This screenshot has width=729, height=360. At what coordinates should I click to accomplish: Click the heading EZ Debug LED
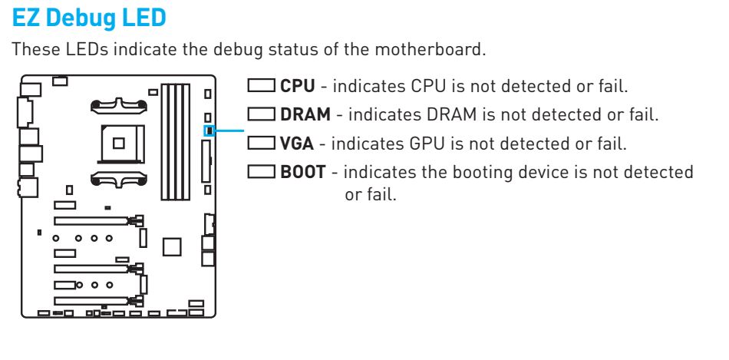(x=89, y=18)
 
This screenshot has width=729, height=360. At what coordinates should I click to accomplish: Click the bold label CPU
(x=298, y=86)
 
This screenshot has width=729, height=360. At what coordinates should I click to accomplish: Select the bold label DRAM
(x=305, y=114)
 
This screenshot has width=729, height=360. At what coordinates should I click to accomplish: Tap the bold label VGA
(x=297, y=144)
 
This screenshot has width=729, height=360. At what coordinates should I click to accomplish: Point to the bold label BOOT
(x=302, y=172)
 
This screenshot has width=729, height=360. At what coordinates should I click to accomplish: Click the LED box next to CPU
(x=261, y=85)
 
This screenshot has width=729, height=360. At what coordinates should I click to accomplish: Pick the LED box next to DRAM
(x=261, y=114)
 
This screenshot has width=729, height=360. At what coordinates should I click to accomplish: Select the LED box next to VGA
(x=261, y=143)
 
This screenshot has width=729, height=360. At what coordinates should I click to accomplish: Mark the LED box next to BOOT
(x=261, y=172)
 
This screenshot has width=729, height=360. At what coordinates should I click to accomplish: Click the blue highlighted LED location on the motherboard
(x=209, y=130)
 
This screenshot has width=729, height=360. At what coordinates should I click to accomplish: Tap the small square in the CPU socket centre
(x=118, y=144)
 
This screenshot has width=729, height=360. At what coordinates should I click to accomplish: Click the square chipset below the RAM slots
(x=172, y=247)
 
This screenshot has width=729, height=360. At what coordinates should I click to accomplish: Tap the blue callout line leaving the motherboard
(x=229, y=130)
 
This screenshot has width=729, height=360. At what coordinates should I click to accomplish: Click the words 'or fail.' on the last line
(x=371, y=194)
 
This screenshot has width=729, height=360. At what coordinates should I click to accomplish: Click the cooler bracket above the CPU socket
(x=118, y=106)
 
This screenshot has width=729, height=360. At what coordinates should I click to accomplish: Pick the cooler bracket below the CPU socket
(x=118, y=179)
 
